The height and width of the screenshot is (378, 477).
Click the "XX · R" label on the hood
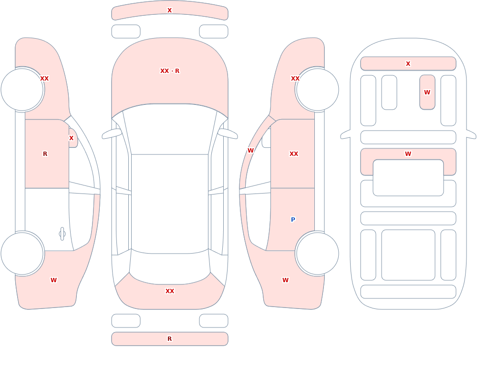[170, 71]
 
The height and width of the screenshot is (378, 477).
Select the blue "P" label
[293, 219]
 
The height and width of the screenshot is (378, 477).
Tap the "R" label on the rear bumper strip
[170, 339]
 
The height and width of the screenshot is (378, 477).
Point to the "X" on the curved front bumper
[170, 10]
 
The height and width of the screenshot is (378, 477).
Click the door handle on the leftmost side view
[62, 234]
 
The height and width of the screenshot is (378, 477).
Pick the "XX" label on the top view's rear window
[170, 291]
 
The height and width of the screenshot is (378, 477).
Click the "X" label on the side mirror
[71, 138]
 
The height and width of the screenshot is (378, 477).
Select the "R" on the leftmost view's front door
[45, 154]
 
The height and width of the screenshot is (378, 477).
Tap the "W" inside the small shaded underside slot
[427, 92]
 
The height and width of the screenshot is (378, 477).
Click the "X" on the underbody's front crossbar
[408, 63]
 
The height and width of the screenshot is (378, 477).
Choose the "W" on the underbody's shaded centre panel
[408, 154]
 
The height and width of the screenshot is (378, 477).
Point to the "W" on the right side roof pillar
[251, 151]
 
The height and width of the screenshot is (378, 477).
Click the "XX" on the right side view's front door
[294, 154]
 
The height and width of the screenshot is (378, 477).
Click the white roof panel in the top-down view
[170, 204]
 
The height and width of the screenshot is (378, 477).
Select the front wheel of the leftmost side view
[22, 90]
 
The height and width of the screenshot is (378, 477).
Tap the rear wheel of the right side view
[317, 254]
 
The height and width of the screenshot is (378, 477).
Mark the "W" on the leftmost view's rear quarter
[53, 280]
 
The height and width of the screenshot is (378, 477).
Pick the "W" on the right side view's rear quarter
[285, 280]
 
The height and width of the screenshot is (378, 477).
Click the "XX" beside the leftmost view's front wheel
[44, 79]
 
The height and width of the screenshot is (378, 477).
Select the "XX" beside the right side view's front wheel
[295, 79]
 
